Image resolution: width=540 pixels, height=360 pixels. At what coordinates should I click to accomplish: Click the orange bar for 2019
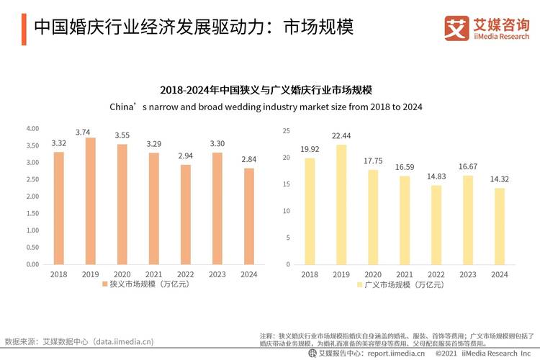[x=91, y=201]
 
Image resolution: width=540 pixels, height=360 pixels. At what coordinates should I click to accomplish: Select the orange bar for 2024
[x=249, y=216]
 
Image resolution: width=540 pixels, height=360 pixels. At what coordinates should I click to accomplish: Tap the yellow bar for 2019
[x=341, y=204]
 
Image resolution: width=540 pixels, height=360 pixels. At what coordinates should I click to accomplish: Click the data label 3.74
[x=91, y=132]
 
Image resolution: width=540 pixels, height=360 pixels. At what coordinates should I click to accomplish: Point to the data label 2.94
[x=186, y=156]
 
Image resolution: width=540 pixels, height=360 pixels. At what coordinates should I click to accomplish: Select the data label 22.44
[x=341, y=136]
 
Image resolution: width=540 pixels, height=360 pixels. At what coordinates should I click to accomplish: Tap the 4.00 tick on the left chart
[x=32, y=129]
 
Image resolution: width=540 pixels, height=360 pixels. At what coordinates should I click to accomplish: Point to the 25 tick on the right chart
[x=286, y=131]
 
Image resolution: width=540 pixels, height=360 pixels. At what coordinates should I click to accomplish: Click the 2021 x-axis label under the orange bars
[x=154, y=274]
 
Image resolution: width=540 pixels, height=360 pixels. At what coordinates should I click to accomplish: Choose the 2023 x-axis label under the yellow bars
[x=467, y=274]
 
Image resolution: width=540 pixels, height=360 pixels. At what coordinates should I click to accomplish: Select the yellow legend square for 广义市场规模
[x=359, y=285]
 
